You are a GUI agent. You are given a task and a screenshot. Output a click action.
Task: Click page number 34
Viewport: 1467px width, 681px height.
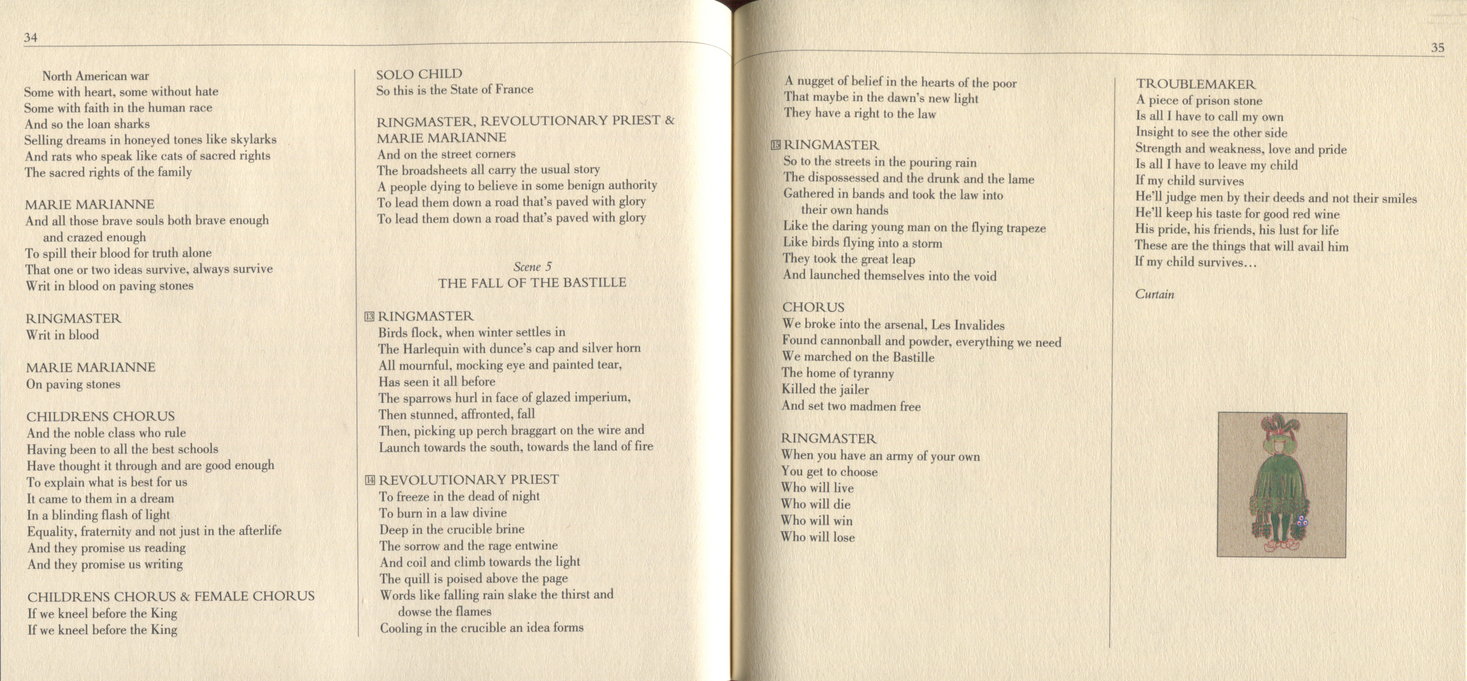[30, 38]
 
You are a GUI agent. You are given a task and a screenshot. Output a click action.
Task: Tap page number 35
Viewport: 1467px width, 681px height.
[1438, 48]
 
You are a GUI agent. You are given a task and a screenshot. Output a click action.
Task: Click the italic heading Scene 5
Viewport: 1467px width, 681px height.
[532, 267]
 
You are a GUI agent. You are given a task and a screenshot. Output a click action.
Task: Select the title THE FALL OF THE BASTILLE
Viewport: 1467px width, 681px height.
[532, 283]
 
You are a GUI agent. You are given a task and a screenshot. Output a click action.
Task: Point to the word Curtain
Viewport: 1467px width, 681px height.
[1154, 295]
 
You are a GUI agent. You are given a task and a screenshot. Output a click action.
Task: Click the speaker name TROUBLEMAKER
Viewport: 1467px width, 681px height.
[1195, 84]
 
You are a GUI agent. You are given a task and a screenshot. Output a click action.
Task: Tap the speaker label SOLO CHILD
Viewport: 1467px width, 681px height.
[419, 74]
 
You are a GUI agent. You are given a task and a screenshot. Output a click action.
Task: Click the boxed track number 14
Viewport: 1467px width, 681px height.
[370, 480]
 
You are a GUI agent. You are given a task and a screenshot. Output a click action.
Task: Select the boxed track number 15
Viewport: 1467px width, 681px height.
[775, 145]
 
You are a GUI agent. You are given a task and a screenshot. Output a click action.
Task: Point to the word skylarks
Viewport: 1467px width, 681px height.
[253, 139]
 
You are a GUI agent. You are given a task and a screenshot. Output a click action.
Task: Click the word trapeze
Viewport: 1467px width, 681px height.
[1026, 229]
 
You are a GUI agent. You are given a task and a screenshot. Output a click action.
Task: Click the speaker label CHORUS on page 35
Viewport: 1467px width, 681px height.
[813, 307]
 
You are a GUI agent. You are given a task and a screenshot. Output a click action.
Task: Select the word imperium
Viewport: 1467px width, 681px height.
[601, 398]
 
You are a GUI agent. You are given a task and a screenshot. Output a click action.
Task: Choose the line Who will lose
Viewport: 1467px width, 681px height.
[817, 537]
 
